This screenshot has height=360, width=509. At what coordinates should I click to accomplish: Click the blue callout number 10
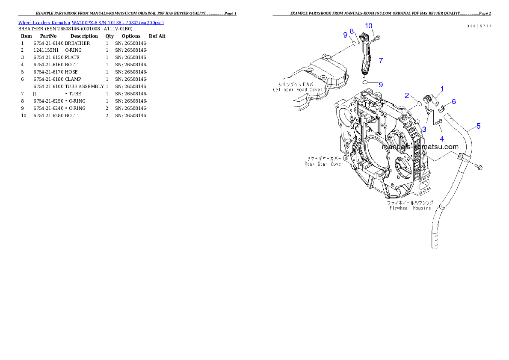coord(369,26)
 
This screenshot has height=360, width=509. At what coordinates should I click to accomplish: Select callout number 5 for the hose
coord(479,126)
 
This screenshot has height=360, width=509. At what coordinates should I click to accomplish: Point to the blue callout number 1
coord(442,89)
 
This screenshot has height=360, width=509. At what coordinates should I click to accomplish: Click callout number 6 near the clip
coord(454,101)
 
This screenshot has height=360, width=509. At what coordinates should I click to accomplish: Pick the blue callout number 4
coord(442,139)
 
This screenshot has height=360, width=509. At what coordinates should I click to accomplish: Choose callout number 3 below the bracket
coord(424,129)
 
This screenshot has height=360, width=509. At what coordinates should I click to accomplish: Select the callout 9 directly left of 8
coord(345,35)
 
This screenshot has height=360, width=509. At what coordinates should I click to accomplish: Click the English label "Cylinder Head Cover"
coord(298,90)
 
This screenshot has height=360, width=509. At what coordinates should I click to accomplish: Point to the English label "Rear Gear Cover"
coord(324,163)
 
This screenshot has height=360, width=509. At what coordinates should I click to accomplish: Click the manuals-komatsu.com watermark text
coord(420,147)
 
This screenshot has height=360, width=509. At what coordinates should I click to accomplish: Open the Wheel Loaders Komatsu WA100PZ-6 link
coord(91,23)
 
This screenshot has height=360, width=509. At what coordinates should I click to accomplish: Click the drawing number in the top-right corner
coord(479,26)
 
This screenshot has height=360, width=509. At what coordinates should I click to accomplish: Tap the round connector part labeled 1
coord(427,100)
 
